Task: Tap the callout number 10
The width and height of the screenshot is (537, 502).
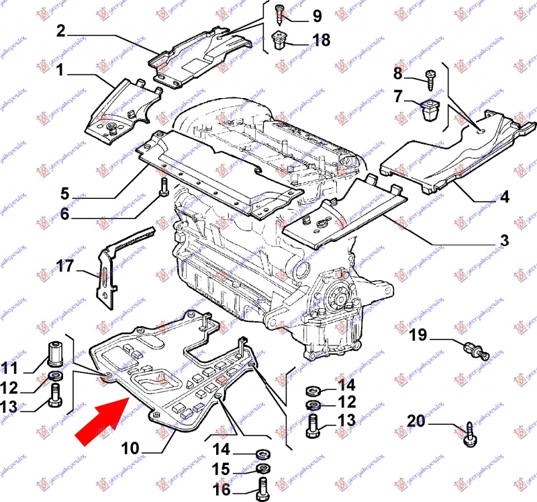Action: click(x=131, y=448)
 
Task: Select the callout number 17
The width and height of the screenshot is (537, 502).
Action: click(x=64, y=266)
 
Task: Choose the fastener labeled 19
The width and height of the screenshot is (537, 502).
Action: click(x=475, y=348)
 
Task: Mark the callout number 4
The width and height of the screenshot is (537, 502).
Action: click(x=504, y=198)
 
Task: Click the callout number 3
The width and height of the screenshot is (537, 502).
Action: click(x=504, y=240)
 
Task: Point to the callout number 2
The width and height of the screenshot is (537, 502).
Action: click(x=60, y=30)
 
